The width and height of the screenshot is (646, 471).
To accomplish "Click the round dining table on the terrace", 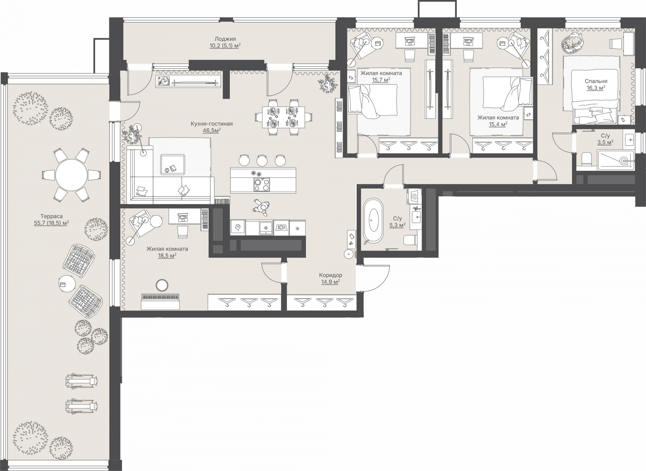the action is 71,175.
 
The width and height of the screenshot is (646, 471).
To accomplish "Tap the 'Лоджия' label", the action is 225,39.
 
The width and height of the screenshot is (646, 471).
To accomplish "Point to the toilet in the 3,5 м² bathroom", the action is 586,159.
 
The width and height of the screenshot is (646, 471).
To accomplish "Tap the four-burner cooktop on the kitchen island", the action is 261,184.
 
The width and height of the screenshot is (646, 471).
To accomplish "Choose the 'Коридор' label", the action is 331,275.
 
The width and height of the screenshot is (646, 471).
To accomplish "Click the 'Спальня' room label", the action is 596,81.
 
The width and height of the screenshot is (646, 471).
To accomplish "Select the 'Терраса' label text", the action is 51,216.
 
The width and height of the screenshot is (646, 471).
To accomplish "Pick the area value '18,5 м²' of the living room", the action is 167,256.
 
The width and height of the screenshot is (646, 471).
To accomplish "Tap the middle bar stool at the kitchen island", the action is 262,160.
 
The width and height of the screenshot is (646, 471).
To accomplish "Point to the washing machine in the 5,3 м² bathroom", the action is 414,196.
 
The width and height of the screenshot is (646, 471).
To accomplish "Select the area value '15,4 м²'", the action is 498,124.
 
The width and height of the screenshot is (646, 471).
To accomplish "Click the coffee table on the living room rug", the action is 173,165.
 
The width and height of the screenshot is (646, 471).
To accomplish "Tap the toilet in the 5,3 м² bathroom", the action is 410,240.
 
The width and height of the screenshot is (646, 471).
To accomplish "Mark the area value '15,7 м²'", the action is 381,80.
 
